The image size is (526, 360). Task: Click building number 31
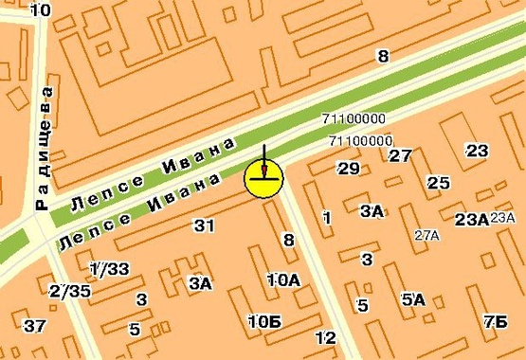click(204, 225)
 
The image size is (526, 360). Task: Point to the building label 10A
click(283, 279)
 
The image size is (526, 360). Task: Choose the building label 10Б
click(263, 320)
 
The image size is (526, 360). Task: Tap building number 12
click(325, 337)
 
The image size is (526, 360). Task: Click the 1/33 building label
click(109, 269)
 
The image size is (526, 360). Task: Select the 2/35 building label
click(70, 291)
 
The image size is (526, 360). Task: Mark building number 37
click(35, 326)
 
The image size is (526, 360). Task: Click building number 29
click(349, 169)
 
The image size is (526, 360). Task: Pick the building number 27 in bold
click(400, 155)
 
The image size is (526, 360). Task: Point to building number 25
click(438, 183)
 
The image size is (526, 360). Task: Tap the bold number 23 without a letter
click(477, 151)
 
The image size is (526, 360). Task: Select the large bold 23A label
click(471, 220)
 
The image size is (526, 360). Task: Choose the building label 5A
click(413, 299)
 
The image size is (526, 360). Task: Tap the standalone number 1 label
click(327, 218)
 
